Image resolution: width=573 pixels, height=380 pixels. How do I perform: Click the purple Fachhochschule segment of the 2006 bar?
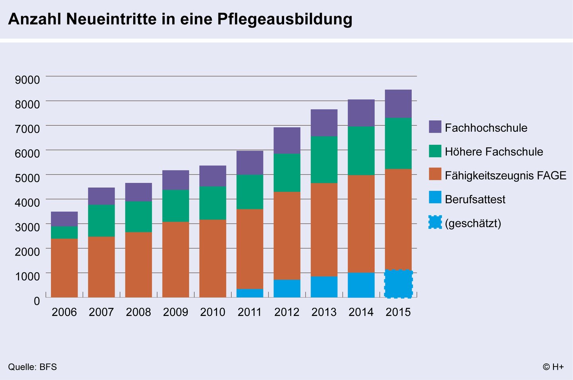(64, 219)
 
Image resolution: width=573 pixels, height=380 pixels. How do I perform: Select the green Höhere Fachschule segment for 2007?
(101, 220)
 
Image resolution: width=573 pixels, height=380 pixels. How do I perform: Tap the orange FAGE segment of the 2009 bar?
(175, 259)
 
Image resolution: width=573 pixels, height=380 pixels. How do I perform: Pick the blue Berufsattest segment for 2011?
(250, 293)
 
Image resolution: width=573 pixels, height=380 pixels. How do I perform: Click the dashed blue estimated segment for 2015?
(398, 284)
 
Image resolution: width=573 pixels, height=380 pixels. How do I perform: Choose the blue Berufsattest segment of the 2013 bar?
(324, 287)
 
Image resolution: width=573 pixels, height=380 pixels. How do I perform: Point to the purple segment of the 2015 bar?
(398, 103)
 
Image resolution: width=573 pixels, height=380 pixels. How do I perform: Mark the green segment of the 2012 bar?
(287, 173)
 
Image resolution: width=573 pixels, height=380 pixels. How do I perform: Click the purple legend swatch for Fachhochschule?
(435, 127)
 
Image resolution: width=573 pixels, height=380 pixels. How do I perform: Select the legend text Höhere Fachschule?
(494, 152)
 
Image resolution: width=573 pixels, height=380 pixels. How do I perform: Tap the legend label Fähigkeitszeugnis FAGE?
(505, 175)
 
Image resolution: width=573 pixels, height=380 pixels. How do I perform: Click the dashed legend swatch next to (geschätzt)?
(435, 222)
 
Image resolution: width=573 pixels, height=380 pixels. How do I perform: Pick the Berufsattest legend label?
(475, 199)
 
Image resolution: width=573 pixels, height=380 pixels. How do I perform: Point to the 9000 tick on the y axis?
(27, 80)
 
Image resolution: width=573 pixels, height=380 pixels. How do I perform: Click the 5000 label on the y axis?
(27, 178)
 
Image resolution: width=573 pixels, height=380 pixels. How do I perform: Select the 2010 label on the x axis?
(212, 312)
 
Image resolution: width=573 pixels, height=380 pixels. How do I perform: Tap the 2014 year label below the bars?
(361, 312)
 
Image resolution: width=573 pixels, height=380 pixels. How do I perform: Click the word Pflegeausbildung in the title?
(285, 19)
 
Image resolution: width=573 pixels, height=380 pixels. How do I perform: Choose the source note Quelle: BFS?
(32, 367)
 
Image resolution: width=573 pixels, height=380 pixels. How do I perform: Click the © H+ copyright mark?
(553, 367)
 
